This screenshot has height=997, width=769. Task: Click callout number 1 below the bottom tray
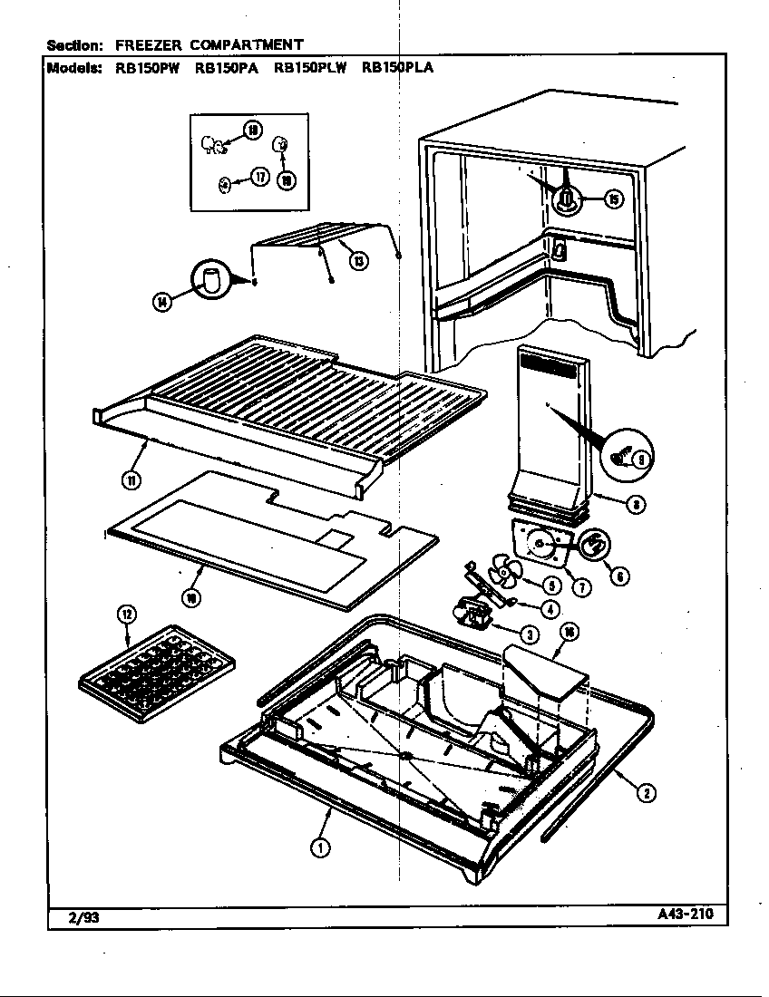click(x=320, y=848)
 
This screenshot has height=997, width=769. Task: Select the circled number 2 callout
click(x=645, y=793)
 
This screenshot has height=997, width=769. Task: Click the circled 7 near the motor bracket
click(x=581, y=587)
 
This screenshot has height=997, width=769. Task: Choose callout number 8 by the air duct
click(x=638, y=505)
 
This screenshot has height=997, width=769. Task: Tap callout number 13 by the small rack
click(x=360, y=261)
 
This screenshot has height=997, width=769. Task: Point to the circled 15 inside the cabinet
click(x=614, y=199)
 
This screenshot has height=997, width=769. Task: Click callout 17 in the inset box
click(x=259, y=178)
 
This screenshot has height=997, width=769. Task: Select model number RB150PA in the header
click(x=224, y=66)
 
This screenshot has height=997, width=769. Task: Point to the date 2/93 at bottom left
click(x=84, y=917)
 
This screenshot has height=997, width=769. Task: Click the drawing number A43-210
click(x=685, y=914)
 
